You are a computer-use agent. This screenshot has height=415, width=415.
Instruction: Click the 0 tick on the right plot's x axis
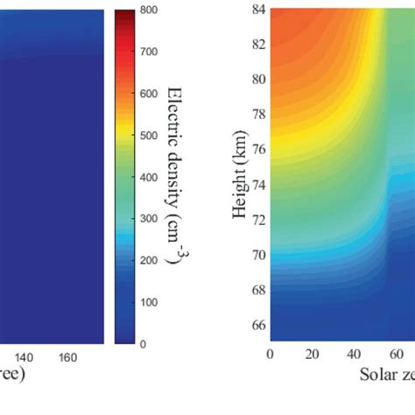pyautogui.click(x=271, y=355)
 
